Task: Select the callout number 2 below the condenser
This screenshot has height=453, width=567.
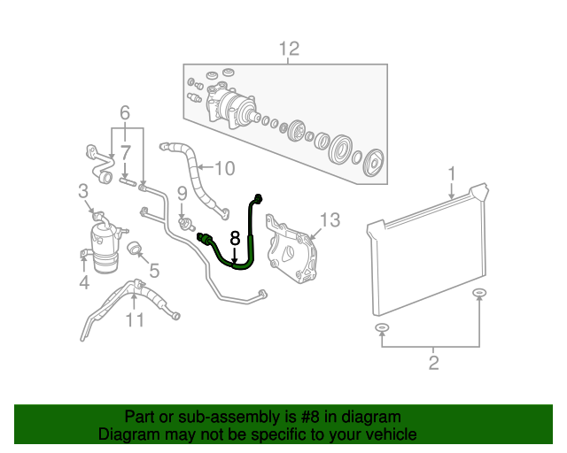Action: click(x=433, y=361)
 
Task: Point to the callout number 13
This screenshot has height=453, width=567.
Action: click(x=330, y=219)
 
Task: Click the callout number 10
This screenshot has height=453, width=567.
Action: click(x=224, y=167)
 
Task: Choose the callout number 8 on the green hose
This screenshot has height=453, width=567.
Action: click(x=235, y=238)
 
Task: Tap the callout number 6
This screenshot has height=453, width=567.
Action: click(x=125, y=112)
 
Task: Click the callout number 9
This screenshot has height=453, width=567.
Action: click(x=181, y=192)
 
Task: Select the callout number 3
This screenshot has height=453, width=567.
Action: click(x=83, y=190)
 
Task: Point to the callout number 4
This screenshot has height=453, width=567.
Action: click(x=84, y=283)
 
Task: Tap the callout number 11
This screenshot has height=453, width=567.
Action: click(x=134, y=319)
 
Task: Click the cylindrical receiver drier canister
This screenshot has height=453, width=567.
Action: click(x=101, y=243)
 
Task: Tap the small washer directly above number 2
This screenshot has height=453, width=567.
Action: click(x=382, y=329)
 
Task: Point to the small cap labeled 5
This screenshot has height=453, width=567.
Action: click(x=136, y=249)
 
